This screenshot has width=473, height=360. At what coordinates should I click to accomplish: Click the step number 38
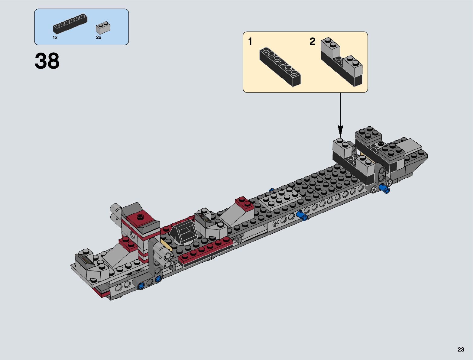click(x=47, y=61)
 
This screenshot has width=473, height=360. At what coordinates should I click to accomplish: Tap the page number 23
click(x=461, y=349)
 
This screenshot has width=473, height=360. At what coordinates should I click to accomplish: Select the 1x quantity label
click(x=55, y=37)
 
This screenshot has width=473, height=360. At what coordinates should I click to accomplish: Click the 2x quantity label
click(x=99, y=37)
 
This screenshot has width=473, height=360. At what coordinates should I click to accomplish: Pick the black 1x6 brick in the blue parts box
click(x=70, y=24)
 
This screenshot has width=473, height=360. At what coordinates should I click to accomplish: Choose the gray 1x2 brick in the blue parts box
click(x=103, y=28)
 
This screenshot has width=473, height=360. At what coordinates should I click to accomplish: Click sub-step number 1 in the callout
click(x=250, y=41)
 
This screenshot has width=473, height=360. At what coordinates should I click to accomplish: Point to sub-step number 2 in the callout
click(x=313, y=41)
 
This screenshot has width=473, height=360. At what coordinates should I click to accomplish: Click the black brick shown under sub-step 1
click(x=280, y=67)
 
